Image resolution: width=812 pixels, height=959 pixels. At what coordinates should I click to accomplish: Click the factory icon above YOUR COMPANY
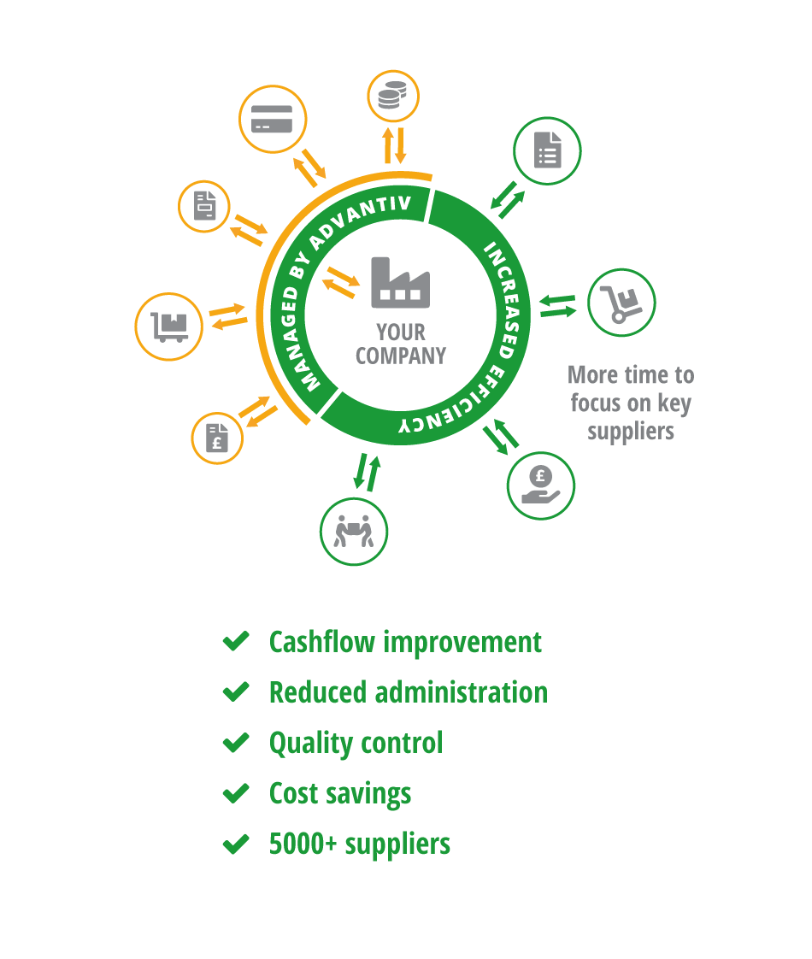(401, 282)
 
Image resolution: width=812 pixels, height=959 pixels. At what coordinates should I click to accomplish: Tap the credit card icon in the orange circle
(272, 119)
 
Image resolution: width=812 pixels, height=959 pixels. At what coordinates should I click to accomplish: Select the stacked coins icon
(392, 95)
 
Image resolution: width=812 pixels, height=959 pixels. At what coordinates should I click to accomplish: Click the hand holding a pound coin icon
(540, 485)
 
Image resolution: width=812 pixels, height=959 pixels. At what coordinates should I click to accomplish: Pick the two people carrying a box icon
(353, 531)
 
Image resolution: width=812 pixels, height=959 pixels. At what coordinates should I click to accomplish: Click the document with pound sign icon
(216, 438)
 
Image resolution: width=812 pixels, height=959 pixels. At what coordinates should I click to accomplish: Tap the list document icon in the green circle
(547, 150)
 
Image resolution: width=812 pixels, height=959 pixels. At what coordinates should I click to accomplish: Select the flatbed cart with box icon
(169, 327)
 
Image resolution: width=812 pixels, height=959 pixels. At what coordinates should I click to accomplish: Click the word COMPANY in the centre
(401, 356)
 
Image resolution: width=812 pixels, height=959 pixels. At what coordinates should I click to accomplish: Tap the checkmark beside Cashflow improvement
(236, 641)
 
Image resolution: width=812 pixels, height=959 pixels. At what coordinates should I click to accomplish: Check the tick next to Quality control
(236, 743)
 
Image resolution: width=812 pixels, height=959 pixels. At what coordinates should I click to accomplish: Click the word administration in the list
(461, 692)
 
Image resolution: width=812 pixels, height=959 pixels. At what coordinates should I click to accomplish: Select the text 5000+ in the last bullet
(303, 844)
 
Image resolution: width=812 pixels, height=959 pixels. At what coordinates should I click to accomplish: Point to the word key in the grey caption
(674, 404)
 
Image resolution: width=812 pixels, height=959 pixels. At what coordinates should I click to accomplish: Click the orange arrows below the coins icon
(394, 145)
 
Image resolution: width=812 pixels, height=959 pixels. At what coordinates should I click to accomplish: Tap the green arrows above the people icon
(367, 473)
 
